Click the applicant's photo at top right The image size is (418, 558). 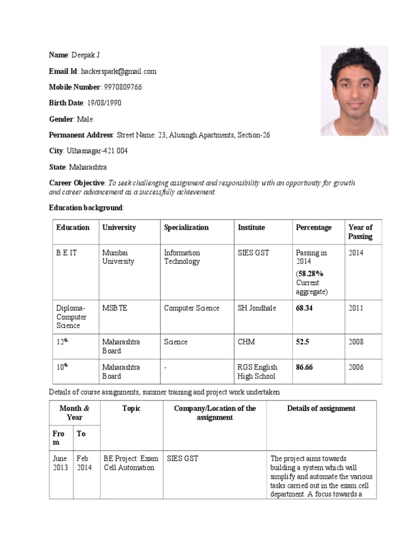[354, 90]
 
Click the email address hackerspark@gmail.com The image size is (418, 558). [118, 71]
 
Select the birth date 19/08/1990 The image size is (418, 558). [104, 103]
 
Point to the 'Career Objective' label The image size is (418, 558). [77, 183]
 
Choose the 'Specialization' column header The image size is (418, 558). [186, 228]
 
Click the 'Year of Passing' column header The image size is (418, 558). [360, 232]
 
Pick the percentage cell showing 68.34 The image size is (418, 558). [305, 308]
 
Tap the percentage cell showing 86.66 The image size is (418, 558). [305, 367]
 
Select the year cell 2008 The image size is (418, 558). [356, 342]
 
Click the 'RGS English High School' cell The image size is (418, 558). [257, 372]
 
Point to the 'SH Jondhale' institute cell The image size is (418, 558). [257, 308]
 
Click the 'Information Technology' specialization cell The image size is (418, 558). [182, 257]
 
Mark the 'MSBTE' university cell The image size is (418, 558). [115, 308]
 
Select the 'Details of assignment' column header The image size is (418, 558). [321, 409]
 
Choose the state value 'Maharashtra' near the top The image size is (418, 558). [88, 167]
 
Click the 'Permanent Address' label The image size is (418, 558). [82, 135]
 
